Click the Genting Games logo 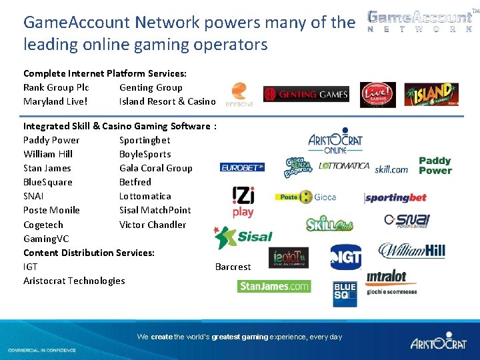point(306,95)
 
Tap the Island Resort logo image point(431,95)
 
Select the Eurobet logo point(243,167)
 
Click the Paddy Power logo point(435,165)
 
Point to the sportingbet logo point(395,198)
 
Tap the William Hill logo point(411,251)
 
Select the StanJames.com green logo point(274,286)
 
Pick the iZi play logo point(243,202)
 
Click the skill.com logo point(391,169)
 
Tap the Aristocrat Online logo point(335,140)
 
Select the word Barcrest point(233,267)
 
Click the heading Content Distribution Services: point(89,253)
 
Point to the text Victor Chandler point(153,225)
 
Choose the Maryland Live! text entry point(55,101)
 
